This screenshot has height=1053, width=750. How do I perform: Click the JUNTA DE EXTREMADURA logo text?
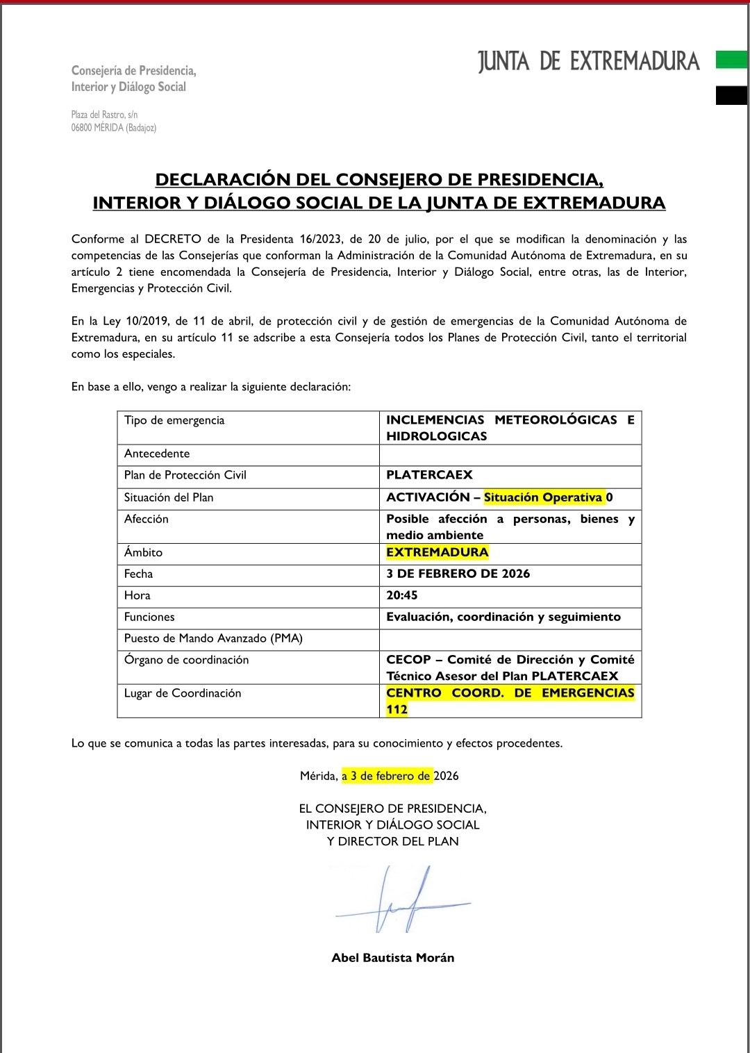click(588, 62)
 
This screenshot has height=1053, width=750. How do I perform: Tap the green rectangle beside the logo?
click(731, 60)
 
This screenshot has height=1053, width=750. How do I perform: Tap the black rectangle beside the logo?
click(731, 95)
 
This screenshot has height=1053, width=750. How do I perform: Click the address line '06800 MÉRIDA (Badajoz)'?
click(114, 128)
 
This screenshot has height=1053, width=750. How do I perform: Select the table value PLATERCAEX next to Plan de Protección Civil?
click(429, 475)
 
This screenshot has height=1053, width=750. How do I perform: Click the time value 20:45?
click(402, 595)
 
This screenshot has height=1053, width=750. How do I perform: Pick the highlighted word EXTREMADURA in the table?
click(437, 552)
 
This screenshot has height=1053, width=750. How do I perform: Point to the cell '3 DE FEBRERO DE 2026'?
click(458, 574)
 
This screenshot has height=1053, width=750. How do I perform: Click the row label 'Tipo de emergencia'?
click(174, 420)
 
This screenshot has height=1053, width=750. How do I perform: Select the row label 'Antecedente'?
click(157, 454)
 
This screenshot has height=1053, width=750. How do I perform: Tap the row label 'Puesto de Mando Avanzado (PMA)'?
click(213, 638)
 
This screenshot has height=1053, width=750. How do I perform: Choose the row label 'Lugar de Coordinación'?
click(183, 693)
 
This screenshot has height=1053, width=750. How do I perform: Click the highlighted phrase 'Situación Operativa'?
click(543, 497)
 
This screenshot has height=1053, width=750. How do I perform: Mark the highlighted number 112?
click(397, 710)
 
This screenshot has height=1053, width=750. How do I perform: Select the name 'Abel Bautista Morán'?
click(393, 958)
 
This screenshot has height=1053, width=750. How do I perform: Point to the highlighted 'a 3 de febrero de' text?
click(386, 776)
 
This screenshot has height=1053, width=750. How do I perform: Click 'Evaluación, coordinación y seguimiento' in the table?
click(503, 617)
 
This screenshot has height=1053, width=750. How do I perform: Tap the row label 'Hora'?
click(137, 595)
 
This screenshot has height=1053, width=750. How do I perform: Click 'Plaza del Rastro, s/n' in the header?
click(104, 115)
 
